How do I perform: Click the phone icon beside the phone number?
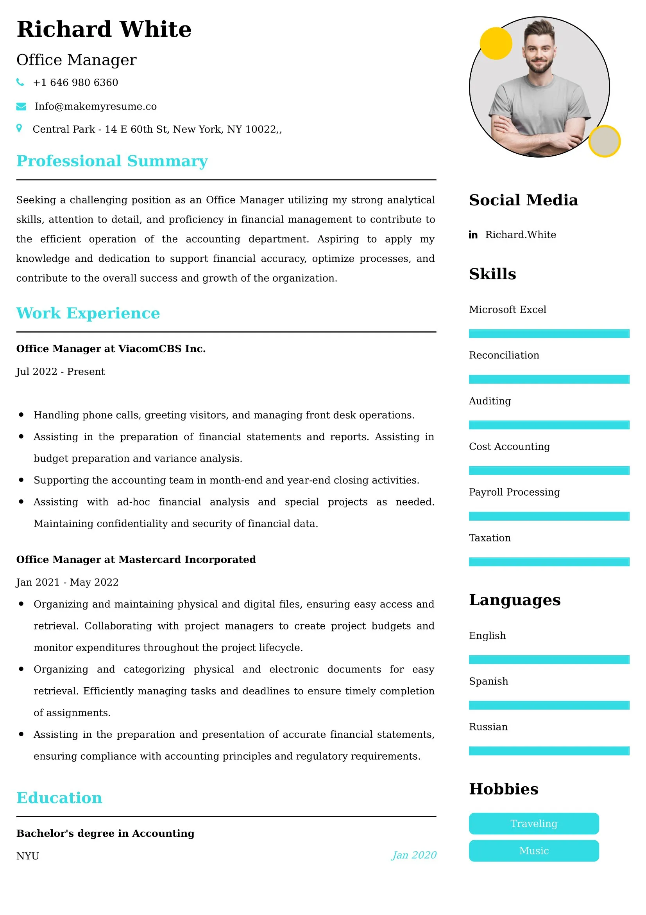click(x=20, y=82)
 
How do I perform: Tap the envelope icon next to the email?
click(x=21, y=106)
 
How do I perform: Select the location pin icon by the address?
click(x=19, y=128)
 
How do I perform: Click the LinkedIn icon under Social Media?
click(x=473, y=235)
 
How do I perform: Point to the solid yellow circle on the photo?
click(x=496, y=43)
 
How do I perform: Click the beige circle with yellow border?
click(x=604, y=141)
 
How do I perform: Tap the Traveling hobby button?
click(x=533, y=823)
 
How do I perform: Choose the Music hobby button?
click(x=533, y=851)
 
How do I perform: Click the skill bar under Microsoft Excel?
click(x=549, y=334)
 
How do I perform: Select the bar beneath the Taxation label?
click(x=549, y=561)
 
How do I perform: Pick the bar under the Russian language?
click(x=549, y=751)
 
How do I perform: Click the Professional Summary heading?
click(x=112, y=161)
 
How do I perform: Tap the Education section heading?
click(x=59, y=797)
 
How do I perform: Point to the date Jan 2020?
click(x=413, y=855)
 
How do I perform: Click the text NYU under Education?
click(x=27, y=856)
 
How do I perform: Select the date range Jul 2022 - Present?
click(x=61, y=371)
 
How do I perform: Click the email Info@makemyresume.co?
click(x=95, y=106)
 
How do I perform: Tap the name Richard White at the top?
click(x=104, y=29)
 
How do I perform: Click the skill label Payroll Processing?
click(x=514, y=492)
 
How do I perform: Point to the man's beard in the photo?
click(x=540, y=66)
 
